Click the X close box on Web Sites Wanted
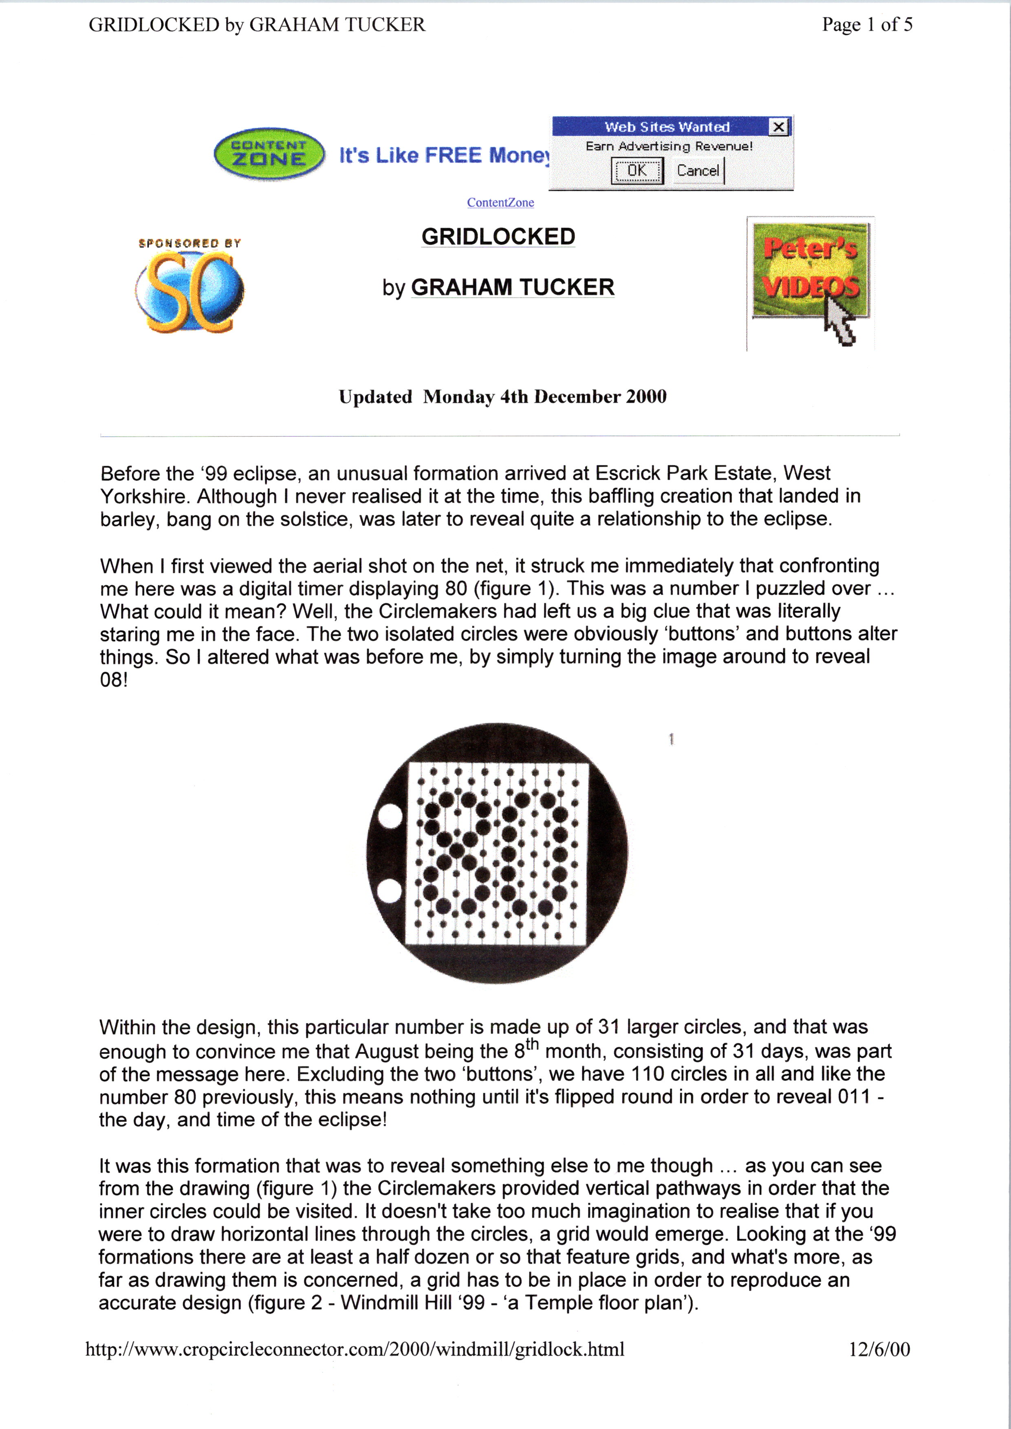778,127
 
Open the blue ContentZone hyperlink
500,202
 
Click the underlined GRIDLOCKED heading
498,237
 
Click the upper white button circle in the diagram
390,816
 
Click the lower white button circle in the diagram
390,891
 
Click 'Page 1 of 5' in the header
867,24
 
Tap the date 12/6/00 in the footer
879,1349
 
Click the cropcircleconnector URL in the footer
355,1349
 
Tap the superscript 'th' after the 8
532,1044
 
